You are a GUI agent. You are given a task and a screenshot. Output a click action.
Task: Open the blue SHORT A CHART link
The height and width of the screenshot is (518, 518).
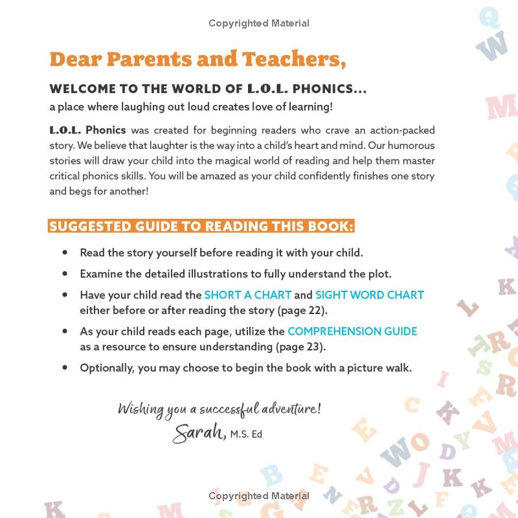tap(248, 295)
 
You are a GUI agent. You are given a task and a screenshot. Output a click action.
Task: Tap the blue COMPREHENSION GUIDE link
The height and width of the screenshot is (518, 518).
tap(352, 331)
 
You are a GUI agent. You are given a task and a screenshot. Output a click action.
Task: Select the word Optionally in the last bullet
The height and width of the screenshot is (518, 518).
tap(107, 368)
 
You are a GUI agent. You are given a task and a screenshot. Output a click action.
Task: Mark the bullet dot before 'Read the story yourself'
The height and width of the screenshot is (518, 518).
tap(64, 252)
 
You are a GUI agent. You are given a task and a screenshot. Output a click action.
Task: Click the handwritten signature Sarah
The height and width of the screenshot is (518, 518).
tap(198, 433)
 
